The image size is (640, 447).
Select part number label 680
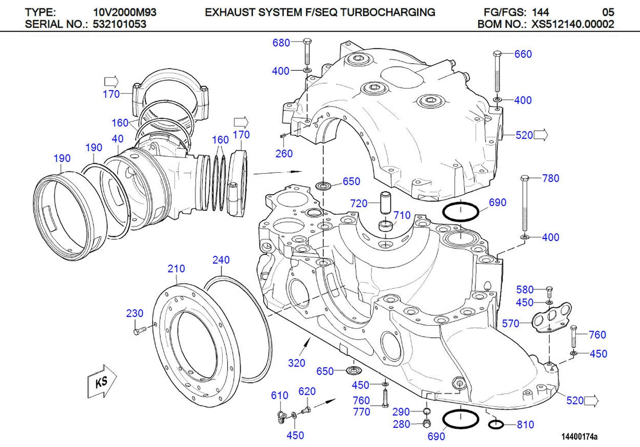tap(281, 43)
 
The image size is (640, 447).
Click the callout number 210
tap(176, 269)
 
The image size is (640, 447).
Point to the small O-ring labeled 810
tap(496, 425)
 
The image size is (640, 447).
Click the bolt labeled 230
tap(140, 331)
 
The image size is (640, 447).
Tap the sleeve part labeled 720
tap(385, 203)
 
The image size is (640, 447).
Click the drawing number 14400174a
tap(579, 437)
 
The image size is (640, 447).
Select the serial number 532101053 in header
tap(120, 24)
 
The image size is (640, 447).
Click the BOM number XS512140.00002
tap(572, 24)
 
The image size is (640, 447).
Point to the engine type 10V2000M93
tap(124, 12)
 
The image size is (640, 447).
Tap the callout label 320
tap(296, 363)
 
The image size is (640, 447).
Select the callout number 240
tap(221, 260)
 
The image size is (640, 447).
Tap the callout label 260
tap(284, 154)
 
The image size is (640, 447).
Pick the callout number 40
tap(117, 139)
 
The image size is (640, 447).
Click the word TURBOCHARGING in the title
tap(388, 12)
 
